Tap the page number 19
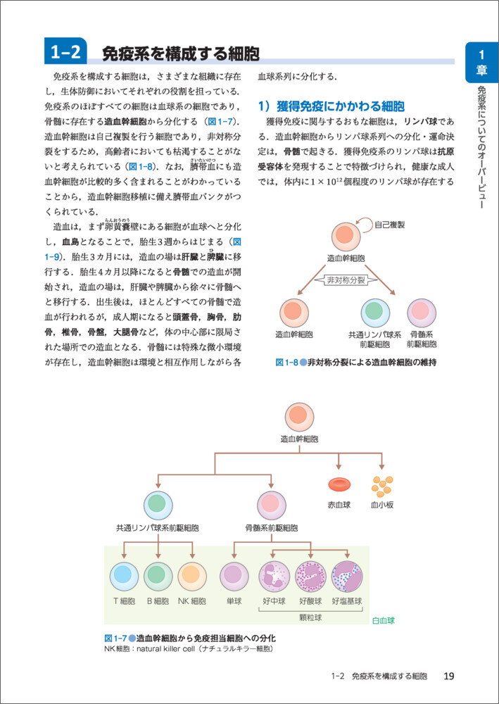pos(448,677)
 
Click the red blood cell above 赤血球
pos(340,485)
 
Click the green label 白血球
pos(384,621)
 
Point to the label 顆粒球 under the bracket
pos(310,617)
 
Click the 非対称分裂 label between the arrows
pos(346,279)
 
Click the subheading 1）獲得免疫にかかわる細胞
pos(331,107)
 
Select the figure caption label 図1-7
pos(114,638)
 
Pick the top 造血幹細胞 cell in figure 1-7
pos(299,415)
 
